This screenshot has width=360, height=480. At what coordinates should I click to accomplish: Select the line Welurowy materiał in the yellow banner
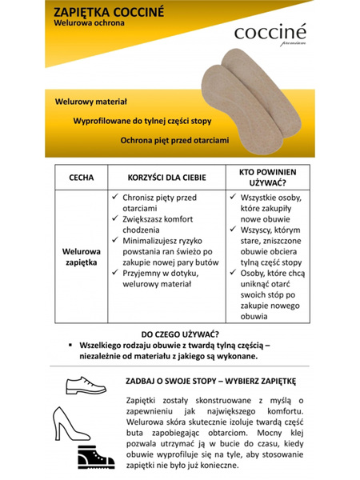coord(91,103)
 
